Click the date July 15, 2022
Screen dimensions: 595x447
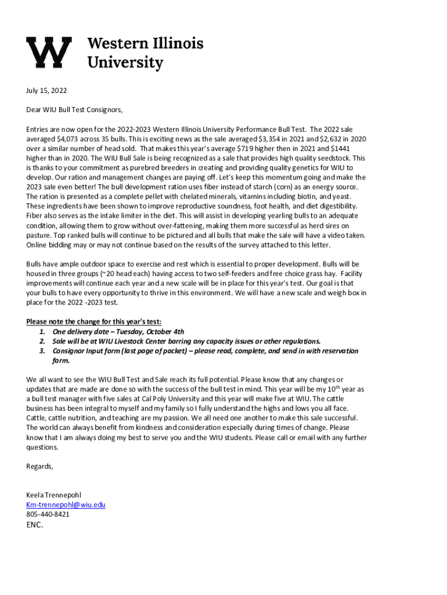click(x=46, y=91)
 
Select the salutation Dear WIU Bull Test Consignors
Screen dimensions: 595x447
click(x=75, y=109)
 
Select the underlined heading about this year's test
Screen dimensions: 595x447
click(x=94, y=322)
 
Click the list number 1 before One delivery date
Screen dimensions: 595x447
click(x=42, y=332)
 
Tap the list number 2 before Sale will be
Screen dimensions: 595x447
click(x=42, y=341)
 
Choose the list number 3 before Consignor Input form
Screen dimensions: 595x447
click(x=42, y=351)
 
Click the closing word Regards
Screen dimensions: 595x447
click(x=39, y=467)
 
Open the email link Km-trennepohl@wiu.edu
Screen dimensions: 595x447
click(x=66, y=505)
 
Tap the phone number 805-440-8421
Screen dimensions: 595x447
click(x=48, y=514)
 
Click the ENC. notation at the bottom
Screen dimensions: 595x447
click(x=35, y=525)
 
